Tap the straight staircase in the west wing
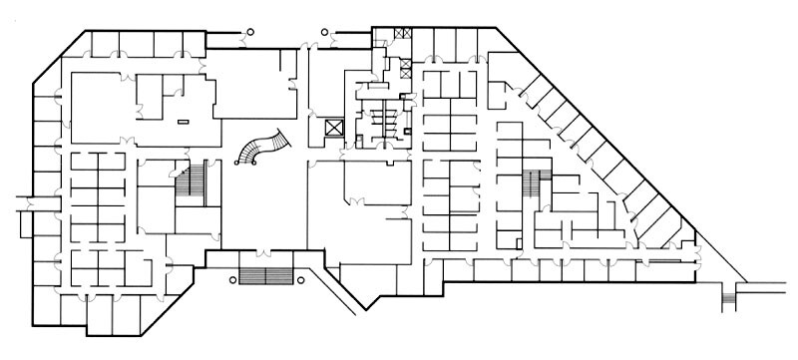[189, 181]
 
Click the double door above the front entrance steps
[263, 252]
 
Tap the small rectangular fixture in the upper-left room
[182, 121]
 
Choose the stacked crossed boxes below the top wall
[405, 71]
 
